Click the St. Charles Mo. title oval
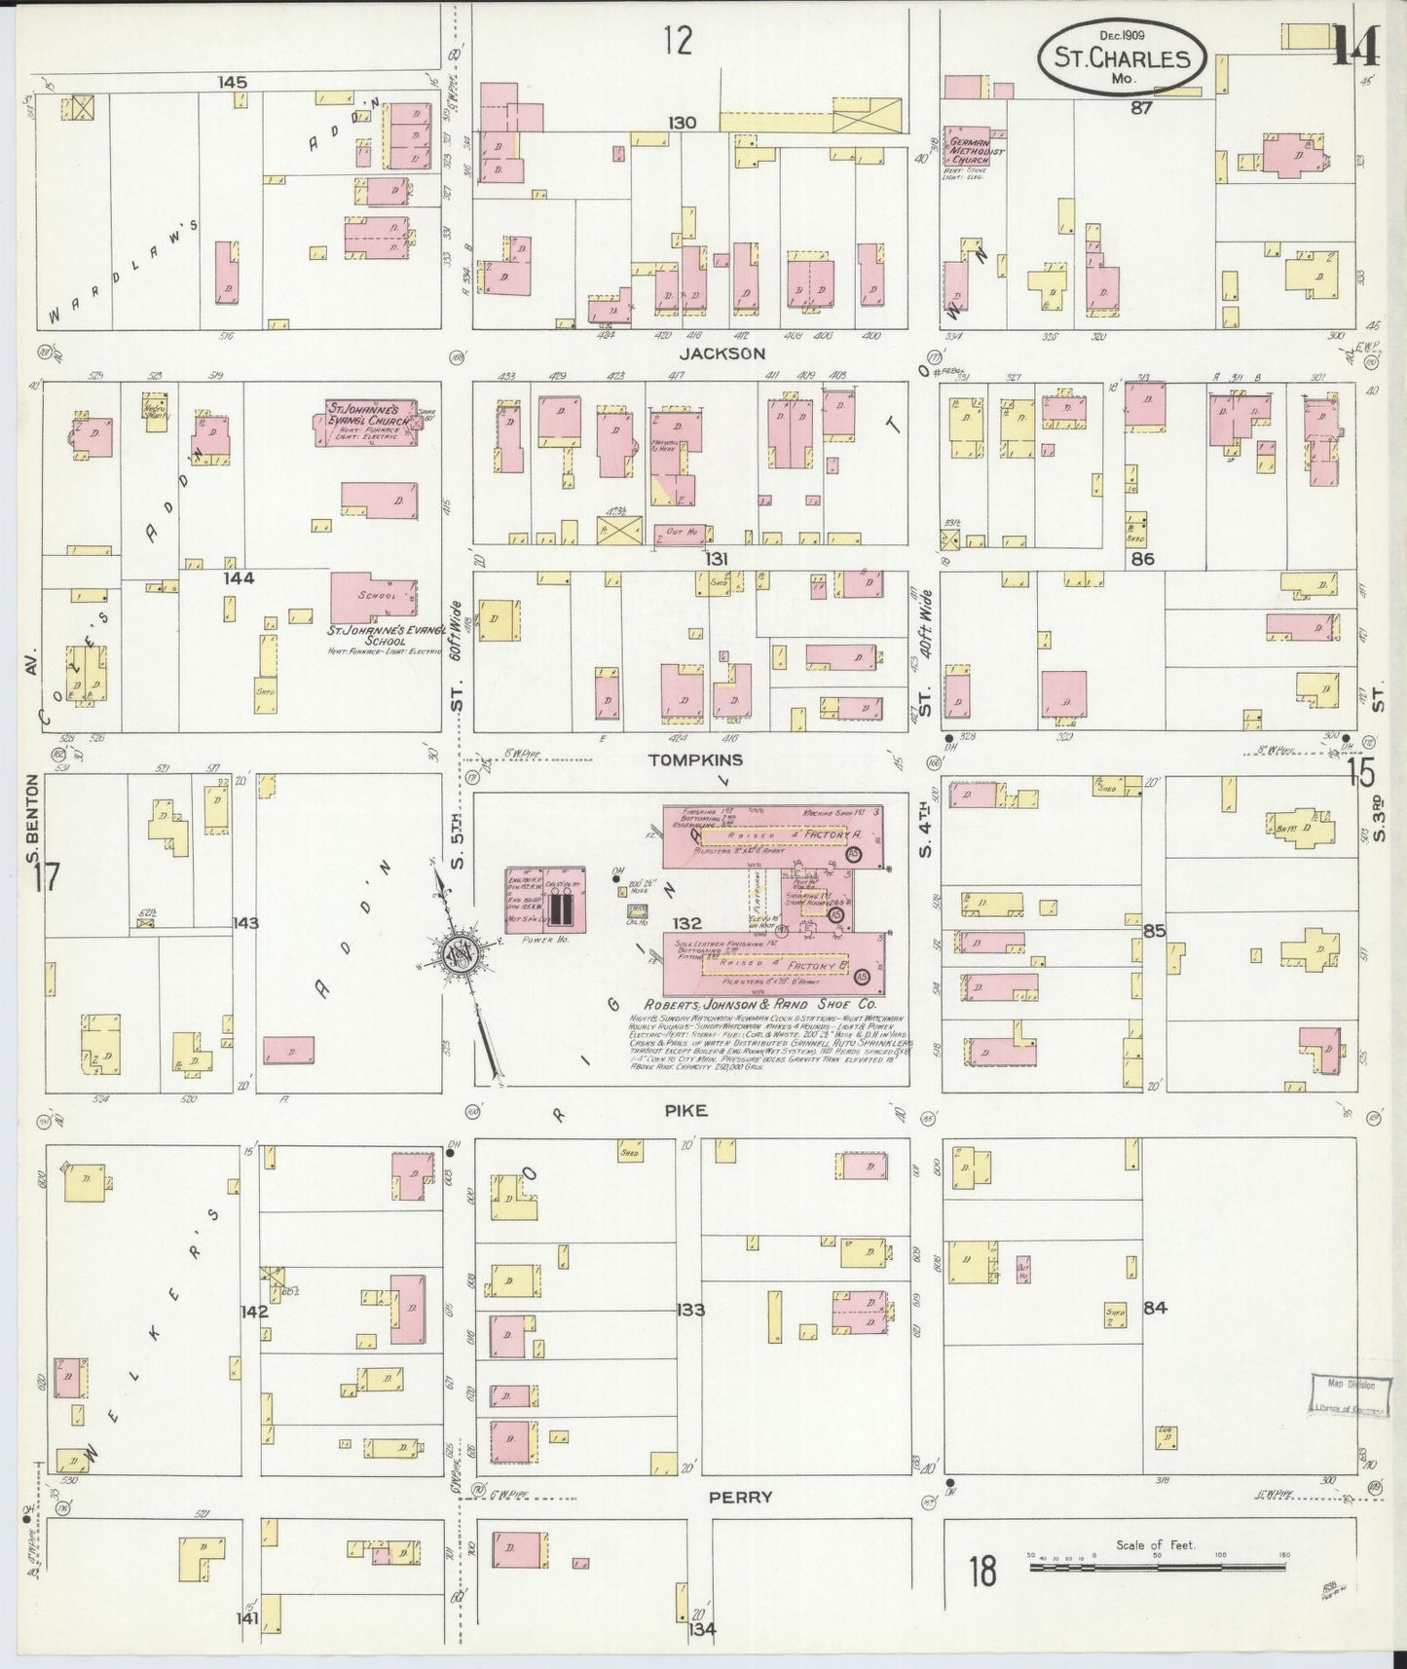click(1123, 57)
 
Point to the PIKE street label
click(686, 1111)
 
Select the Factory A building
click(774, 835)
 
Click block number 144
click(239, 578)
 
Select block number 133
click(689, 1310)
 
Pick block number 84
click(1155, 1308)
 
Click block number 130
click(682, 123)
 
